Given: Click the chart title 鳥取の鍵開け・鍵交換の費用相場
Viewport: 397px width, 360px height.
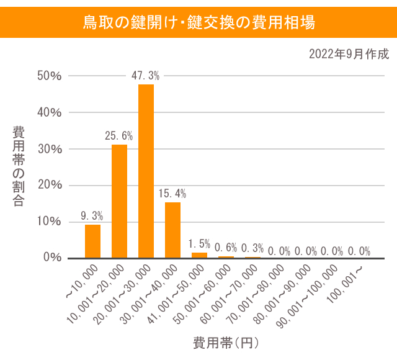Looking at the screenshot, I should point(198,22).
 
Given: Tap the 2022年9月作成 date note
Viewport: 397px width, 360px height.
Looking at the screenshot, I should point(349,54).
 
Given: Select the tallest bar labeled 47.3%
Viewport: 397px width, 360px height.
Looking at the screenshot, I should point(146,171).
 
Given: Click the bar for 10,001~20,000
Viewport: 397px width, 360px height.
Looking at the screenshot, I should point(119,200).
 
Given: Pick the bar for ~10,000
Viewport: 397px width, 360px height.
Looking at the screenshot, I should point(92,241).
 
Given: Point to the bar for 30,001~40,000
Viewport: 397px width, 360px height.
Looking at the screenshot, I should point(172,230).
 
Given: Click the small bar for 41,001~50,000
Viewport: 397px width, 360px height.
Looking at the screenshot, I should point(199,255).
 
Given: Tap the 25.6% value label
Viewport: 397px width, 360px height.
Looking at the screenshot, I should point(119,135).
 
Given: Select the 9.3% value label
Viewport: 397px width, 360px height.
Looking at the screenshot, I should point(92,216).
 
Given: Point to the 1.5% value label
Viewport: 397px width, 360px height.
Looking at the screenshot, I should point(199,244).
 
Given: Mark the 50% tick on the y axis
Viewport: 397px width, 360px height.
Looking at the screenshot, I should point(50,76).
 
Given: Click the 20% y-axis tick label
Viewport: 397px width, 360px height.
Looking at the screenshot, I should point(50,185).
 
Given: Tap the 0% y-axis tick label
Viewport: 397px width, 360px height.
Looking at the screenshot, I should point(52,258).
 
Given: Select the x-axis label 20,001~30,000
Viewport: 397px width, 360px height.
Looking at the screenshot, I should point(127,292).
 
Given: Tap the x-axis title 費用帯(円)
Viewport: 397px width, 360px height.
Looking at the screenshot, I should point(225,343).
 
